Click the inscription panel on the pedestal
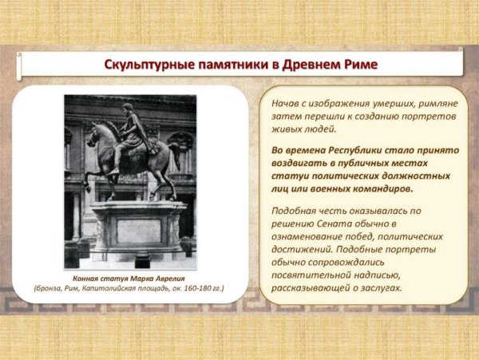138,230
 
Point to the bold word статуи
291,176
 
